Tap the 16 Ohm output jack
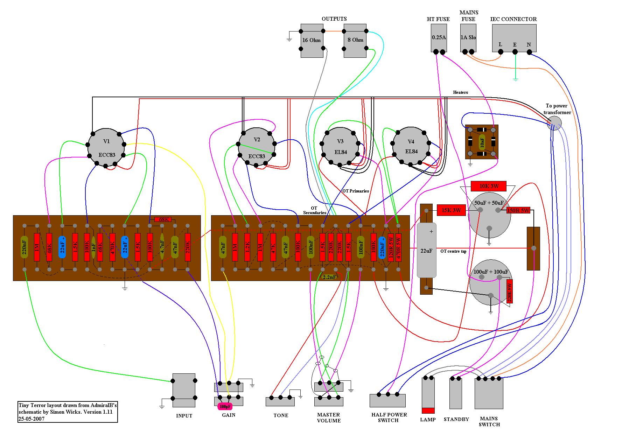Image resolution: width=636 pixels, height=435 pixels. [312, 40]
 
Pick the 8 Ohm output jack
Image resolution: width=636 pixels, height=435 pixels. [355, 40]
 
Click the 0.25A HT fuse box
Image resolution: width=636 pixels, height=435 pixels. [439, 38]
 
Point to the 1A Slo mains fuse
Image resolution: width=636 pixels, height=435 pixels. [468, 38]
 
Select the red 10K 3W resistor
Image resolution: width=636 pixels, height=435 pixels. [489, 186]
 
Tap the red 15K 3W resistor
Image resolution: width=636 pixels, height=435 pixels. [451, 210]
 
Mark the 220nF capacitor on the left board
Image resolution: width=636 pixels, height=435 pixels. [24, 247]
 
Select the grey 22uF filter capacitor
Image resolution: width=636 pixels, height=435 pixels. [427, 251]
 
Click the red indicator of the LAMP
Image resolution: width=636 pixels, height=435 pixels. [428, 411]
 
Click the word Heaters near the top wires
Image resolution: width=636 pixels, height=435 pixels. [460, 92]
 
